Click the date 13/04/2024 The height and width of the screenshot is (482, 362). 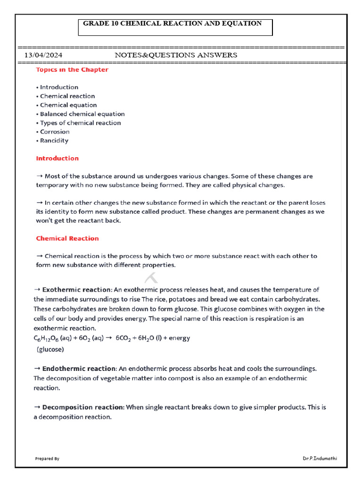click(x=43, y=56)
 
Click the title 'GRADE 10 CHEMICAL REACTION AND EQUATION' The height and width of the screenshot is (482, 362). click(x=173, y=23)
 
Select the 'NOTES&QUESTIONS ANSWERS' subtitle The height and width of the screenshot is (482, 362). click(x=176, y=56)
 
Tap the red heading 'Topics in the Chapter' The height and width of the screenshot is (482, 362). click(x=72, y=70)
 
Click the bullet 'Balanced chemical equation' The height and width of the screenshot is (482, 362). click(x=82, y=114)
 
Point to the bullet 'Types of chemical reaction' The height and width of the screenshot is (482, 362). click(x=80, y=123)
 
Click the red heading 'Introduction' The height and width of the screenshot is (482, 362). click(x=58, y=159)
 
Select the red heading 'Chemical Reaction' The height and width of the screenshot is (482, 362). click(x=67, y=239)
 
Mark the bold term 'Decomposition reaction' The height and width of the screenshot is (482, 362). click(x=83, y=407)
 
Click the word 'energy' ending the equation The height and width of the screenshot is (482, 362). click(x=179, y=338)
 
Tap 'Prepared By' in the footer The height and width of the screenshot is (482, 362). click(x=47, y=458)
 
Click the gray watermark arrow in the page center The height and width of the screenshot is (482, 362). click(x=151, y=278)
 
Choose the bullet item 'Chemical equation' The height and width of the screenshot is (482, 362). click(x=68, y=105)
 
